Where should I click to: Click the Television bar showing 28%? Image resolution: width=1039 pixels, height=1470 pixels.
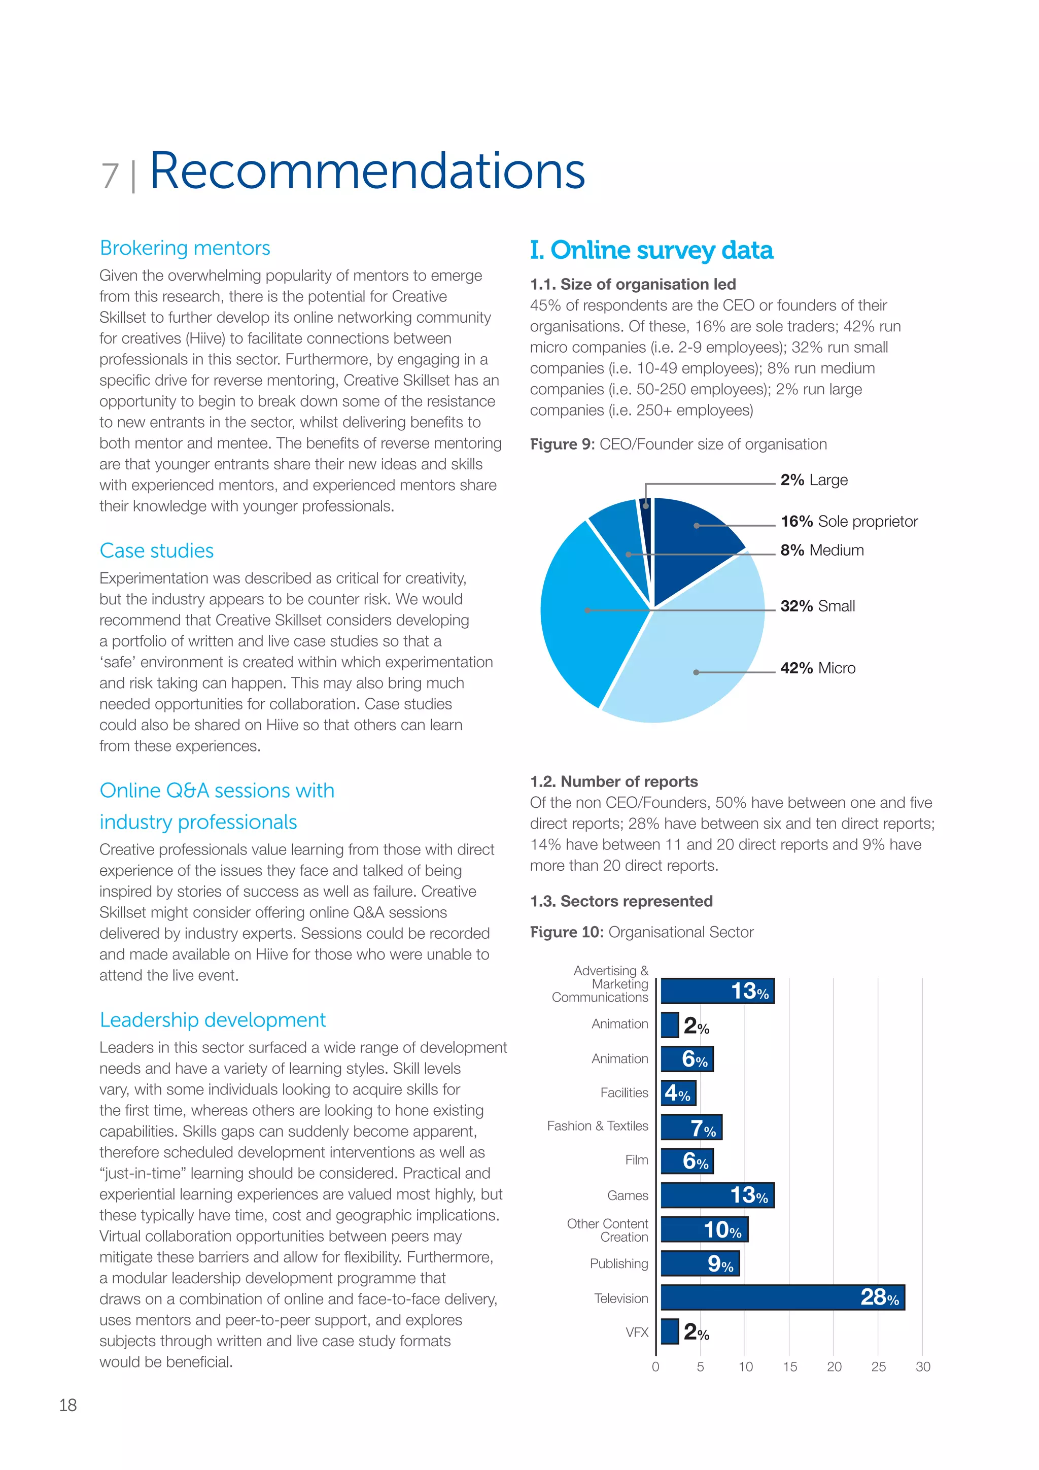click(782, 1297)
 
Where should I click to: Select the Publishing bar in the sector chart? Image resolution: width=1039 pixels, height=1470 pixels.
click(700, 1263)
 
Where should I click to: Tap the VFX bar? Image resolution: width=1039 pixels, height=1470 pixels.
click(670, 1331)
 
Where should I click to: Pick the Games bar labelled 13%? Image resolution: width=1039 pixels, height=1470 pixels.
click(717, 1194)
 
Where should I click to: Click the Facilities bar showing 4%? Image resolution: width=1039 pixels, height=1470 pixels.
click(678, 1092)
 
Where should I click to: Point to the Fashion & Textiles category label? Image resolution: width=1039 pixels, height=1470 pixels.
click(597, 1126)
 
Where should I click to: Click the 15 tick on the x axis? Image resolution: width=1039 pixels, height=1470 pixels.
click(790, 1367)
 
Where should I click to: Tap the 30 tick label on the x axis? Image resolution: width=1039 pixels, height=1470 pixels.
click(922, 1367)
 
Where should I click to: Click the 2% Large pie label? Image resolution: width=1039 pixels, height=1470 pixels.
click(814, 480)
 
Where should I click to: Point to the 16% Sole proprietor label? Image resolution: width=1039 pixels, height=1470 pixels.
click(849, 522)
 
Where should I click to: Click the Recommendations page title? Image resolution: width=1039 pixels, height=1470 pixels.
click(367, 172)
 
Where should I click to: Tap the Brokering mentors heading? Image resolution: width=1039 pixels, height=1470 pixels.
click(185, 248)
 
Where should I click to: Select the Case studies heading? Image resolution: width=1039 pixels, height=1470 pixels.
click(157, 551)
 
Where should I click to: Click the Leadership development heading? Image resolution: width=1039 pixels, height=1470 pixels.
click(213, 1020)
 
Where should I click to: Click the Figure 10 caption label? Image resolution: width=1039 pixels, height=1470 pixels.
click(641, 932)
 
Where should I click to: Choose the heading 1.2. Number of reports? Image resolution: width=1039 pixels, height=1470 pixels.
click(614, 782)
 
